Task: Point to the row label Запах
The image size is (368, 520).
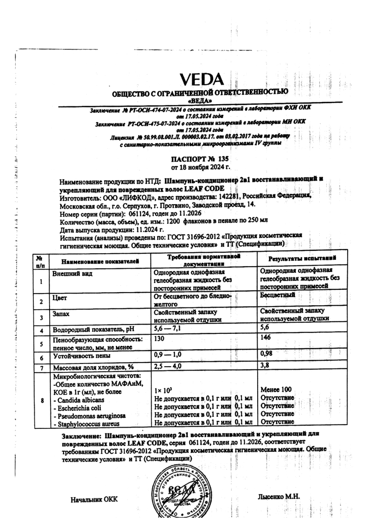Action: [63, 313]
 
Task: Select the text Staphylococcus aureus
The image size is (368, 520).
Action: [85, 424]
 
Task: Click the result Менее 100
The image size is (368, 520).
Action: [277, 390]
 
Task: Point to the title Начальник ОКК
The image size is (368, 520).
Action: [94, 500]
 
